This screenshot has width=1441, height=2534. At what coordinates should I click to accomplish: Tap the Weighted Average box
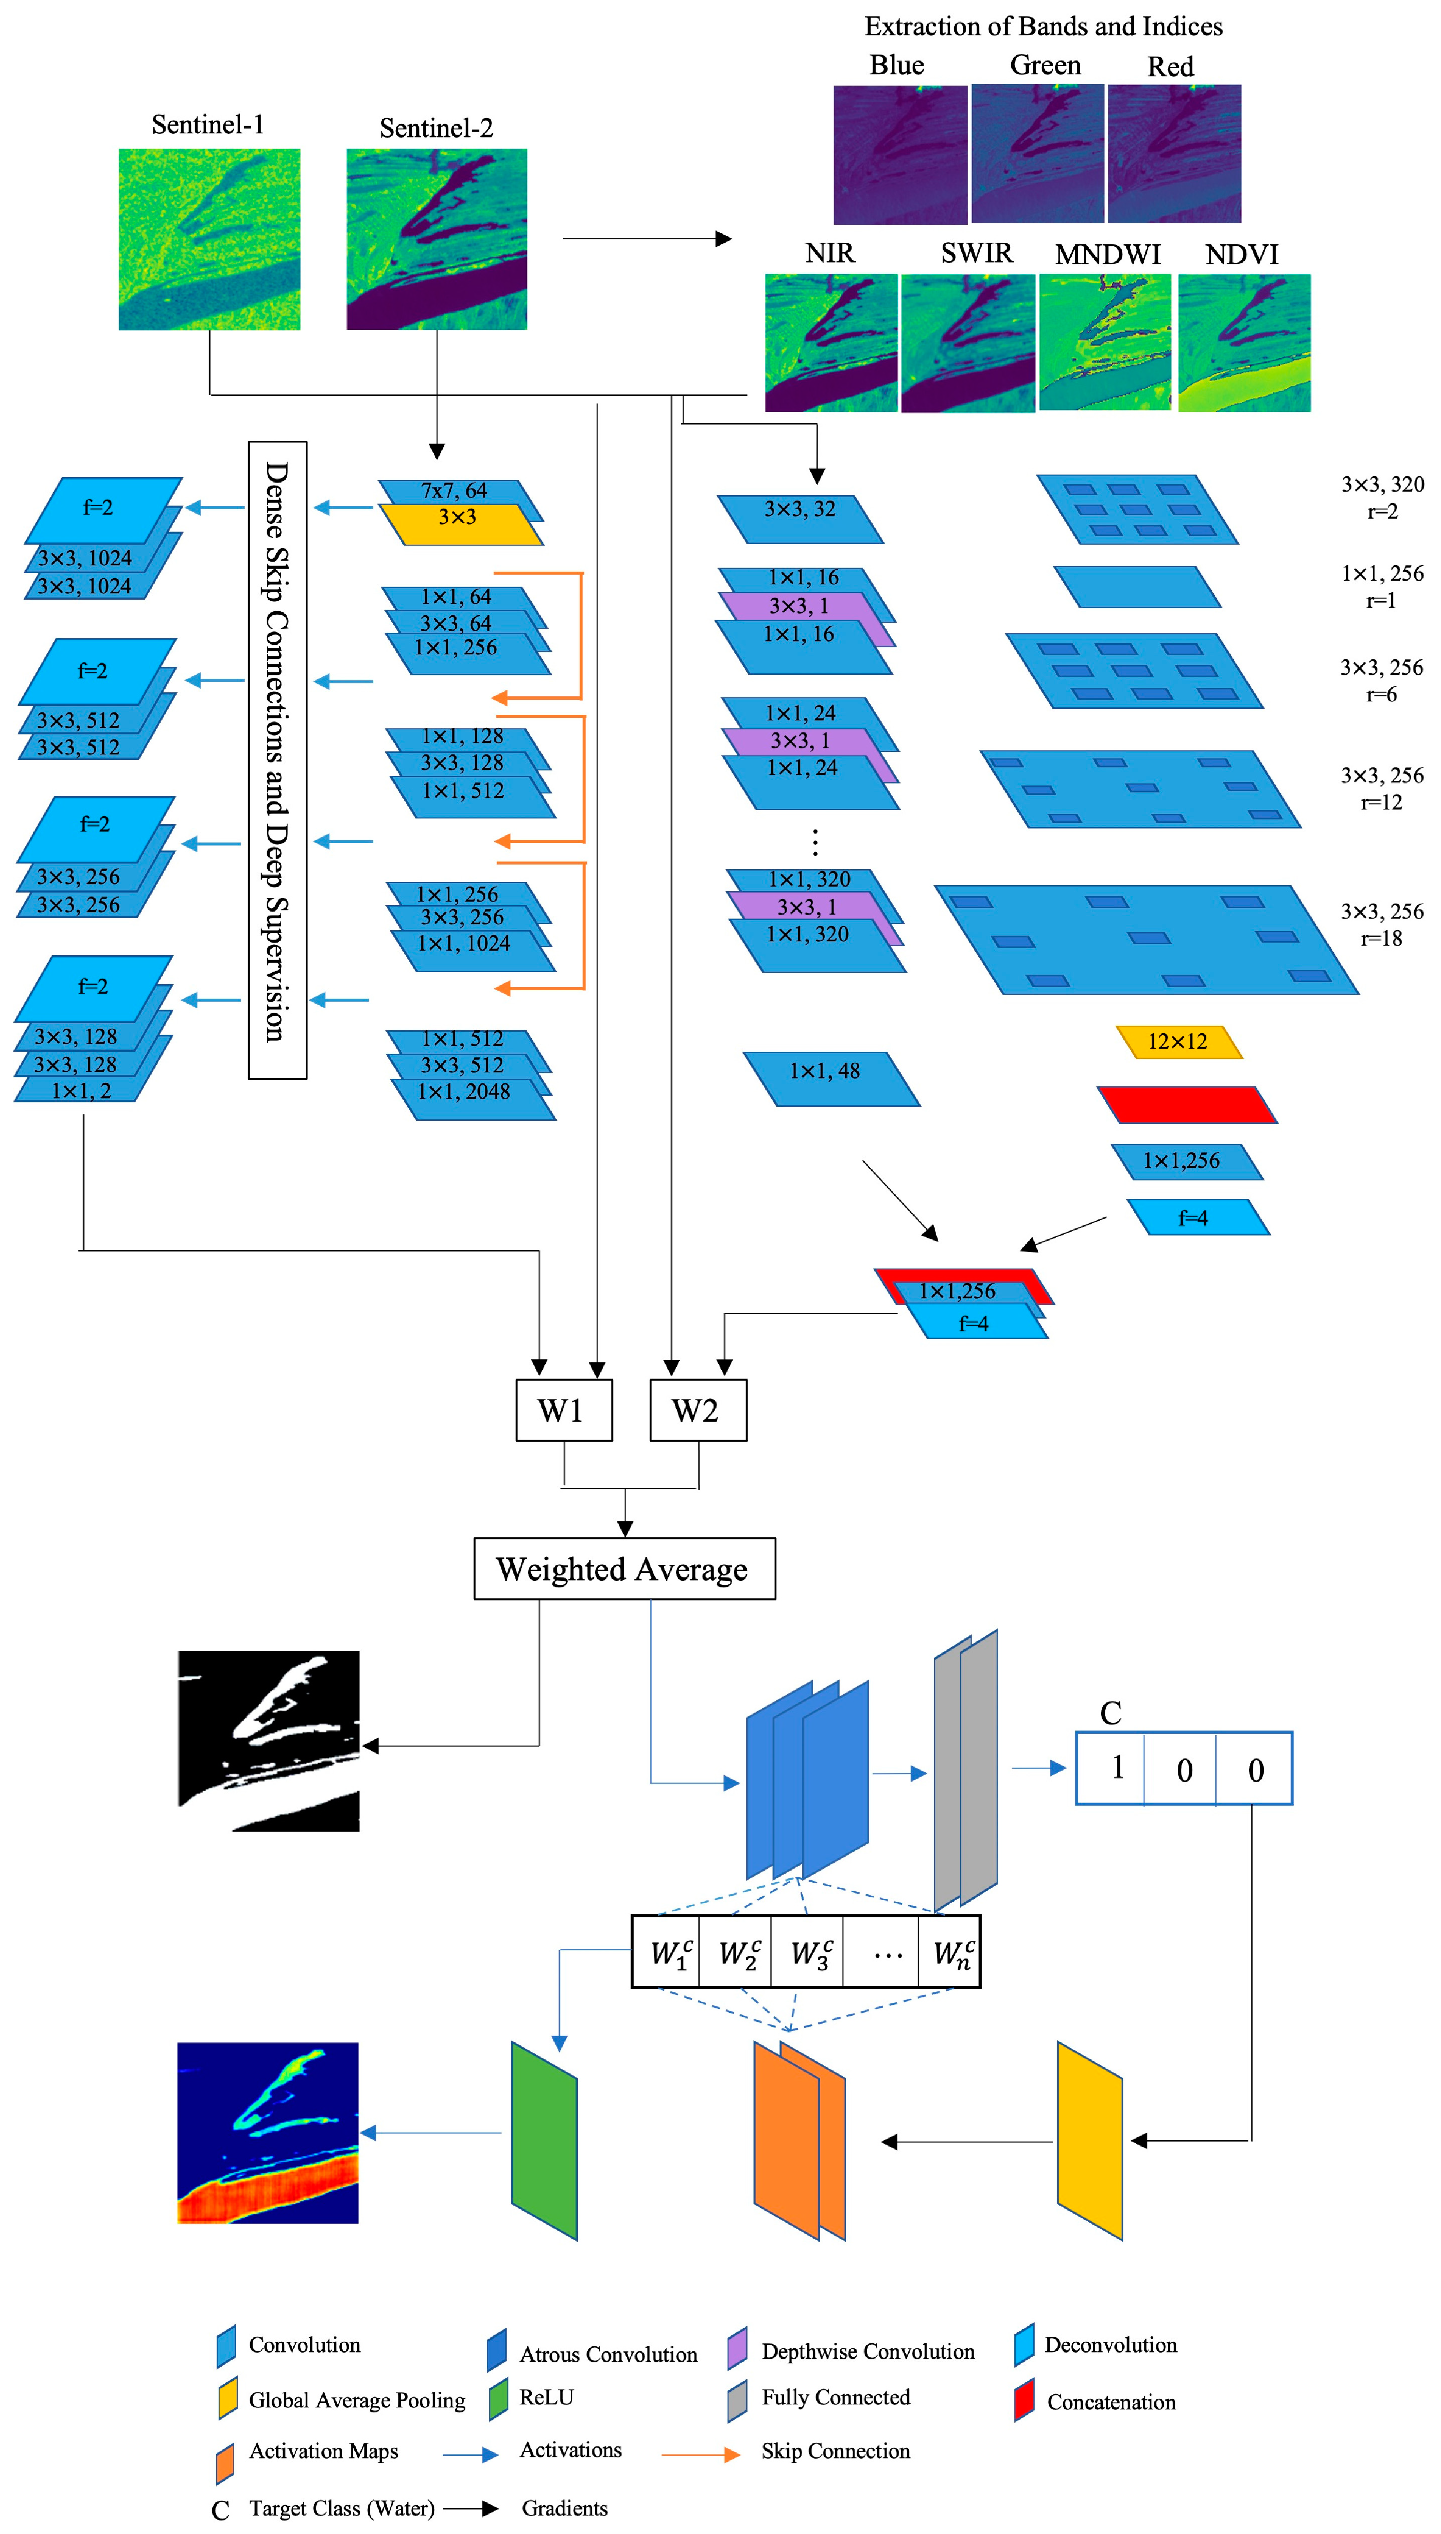pyautogui.click(x=623, y=1569)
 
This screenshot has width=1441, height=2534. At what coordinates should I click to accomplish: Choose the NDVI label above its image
pyautogui.click(x=1241, y=254)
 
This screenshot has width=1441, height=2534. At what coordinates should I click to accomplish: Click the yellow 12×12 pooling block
pyautogui.click(x=1178, y=1041)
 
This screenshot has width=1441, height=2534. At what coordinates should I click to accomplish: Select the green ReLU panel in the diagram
pyautogui.click(x=543, y=2140)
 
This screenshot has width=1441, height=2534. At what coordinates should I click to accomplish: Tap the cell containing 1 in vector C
pyautogui.click(x=1115, y=1768)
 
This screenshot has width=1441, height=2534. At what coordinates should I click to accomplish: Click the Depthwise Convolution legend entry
pyautogui.click(x=851, y=2351)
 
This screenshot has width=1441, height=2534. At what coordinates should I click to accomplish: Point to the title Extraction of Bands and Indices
pyautogui.click(x=1043, y=27)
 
